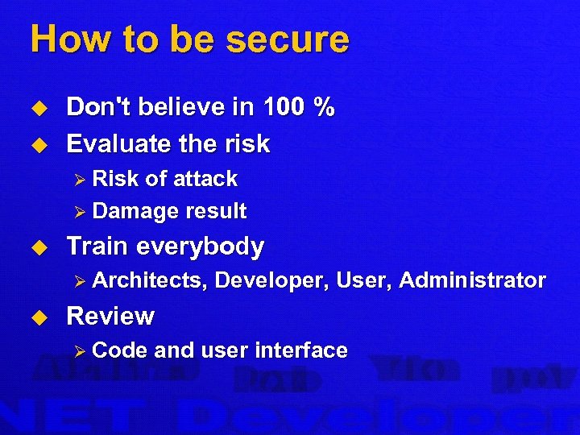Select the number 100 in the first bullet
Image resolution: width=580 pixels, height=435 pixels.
[280, 107]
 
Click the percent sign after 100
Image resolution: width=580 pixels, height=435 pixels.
[325, 107]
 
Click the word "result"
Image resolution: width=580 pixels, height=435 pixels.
[216, 212]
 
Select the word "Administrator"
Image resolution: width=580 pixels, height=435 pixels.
[472, 280]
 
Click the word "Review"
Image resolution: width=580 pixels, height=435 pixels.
[110, 316]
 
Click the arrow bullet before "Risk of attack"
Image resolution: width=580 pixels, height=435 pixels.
[79, 179]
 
